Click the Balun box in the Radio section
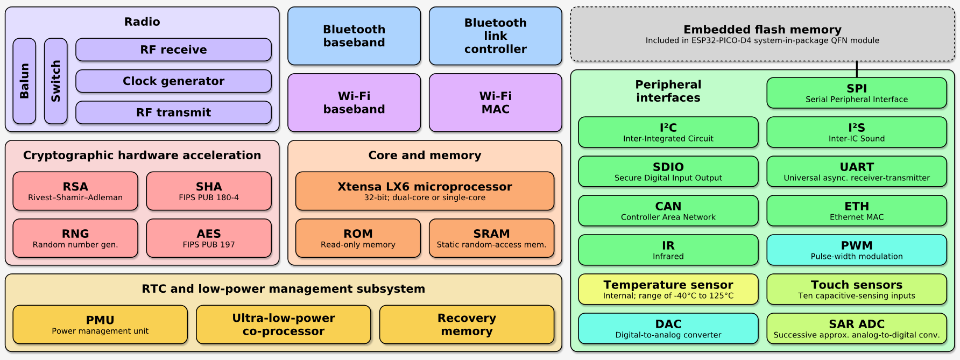(x=24, y=81)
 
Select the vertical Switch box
(x=56, y=81)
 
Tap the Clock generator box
(x=173, y=81)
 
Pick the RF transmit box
(x=173, y=112)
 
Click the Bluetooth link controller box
(x=495, y=36)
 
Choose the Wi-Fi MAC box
(x=495, y=103)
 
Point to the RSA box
(x=75, y=191)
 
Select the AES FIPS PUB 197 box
(x=209, y=238)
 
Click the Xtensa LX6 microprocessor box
(x=425, y=191)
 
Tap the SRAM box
(x=491, y=238)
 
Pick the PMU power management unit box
(x=100, y=324)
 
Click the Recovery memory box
(x=467, y=324)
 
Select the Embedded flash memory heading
(x=762, y=30)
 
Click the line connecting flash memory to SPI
(x=857, y=69)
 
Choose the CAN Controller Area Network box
(x=668, y=210)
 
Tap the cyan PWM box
(x=856, y=250)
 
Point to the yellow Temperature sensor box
(x=668, y=289)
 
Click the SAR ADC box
(x=856, y=328)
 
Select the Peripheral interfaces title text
(x=668, y=91)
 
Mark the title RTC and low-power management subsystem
(x=283, y=289)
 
